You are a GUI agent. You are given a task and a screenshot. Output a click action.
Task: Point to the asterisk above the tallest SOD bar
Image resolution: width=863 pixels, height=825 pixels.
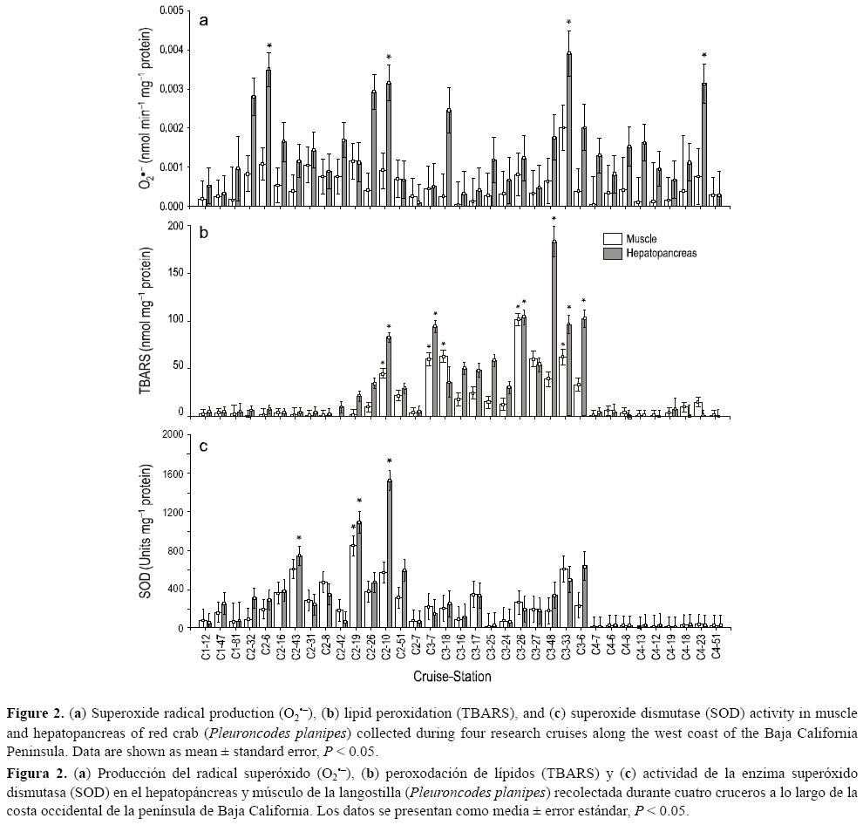click(390, 462)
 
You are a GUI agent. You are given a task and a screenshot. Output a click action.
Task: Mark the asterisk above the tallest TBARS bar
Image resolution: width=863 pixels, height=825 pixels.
click(554, 220)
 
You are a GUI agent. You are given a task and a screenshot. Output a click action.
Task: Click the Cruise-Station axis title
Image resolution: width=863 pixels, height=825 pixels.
click(452, 677)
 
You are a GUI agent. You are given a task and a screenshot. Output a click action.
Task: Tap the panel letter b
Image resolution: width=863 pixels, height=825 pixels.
click(204, 234)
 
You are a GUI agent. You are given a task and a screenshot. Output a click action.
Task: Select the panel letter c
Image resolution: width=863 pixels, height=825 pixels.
click(204, 447)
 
